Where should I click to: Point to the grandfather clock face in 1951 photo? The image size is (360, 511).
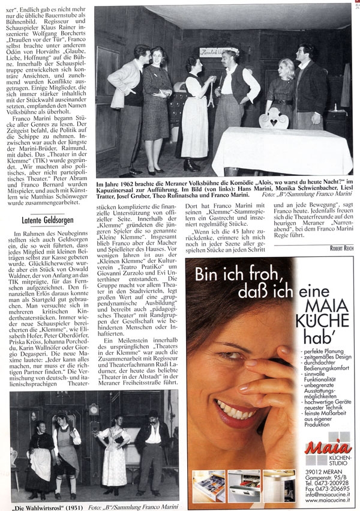(x=93, y=410)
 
